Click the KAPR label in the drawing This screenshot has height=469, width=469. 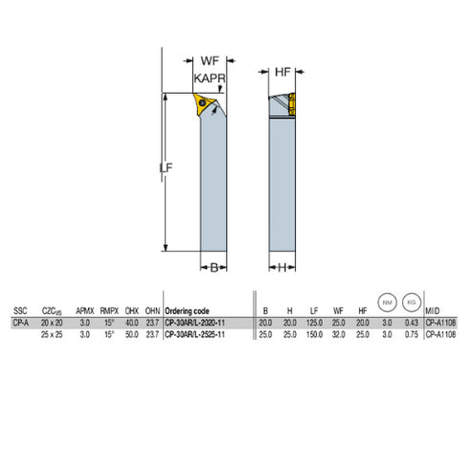pos(211,78)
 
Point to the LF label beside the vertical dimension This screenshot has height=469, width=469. pos(165,169)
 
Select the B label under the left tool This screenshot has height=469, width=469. pos(214,268)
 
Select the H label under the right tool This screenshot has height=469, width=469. pos(283,268)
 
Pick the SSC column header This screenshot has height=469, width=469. pos(20,311)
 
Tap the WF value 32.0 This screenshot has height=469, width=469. pos(339,335)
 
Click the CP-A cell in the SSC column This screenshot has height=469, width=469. pos(20,323)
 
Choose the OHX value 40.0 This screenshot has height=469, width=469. pos(131,323)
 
